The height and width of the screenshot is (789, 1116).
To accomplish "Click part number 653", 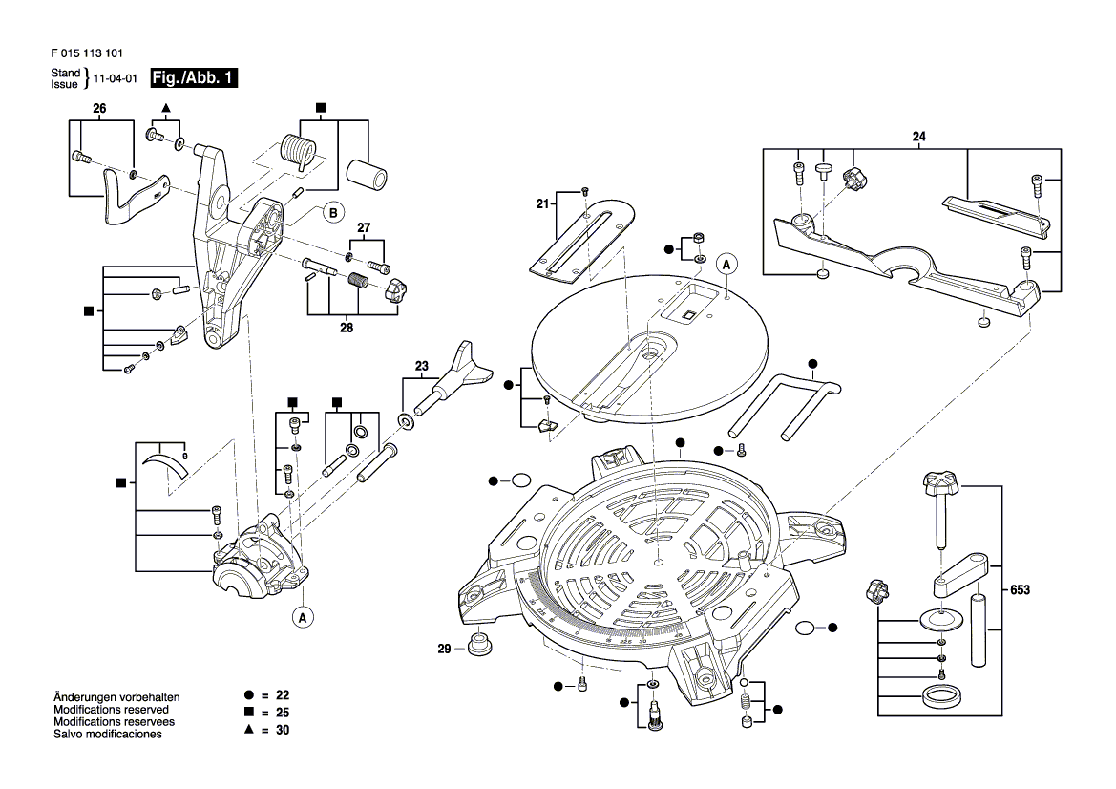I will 1020,591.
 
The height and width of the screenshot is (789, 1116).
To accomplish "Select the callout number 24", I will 918,138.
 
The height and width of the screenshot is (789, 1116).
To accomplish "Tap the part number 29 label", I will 444,650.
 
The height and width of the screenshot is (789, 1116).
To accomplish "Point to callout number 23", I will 421,365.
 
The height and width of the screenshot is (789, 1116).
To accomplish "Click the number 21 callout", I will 541,203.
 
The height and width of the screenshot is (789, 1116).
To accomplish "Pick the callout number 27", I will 363,227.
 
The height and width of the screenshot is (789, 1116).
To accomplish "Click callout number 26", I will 98,109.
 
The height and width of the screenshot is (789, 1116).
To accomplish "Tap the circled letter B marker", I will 332,213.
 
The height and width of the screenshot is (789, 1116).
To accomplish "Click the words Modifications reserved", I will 111,710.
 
